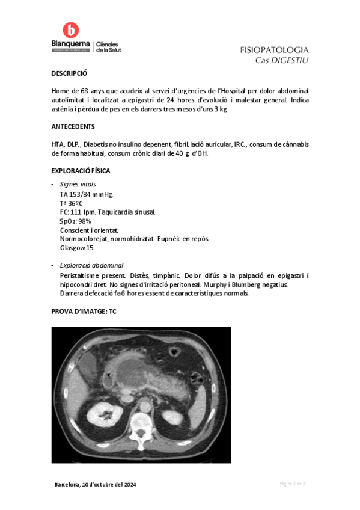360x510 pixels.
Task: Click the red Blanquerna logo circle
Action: pyautogui.click(x=71, y=31)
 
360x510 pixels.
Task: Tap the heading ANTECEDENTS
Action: pyautogui.click(x=73, y=127)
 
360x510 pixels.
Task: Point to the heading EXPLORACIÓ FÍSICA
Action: pyautogui.click(x=81, y=171)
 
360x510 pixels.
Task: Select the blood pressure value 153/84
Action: pyautogui.click(x=79, y=195)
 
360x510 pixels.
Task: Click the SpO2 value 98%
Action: pyautogui.click(x=84, y=221)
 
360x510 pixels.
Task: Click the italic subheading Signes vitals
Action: pyautogui.click(x=78, y=185)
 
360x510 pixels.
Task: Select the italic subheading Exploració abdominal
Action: pyautogui.click(x=92, y=265)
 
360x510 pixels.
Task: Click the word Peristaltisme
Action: pyautogui.click(x=79, y=275)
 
